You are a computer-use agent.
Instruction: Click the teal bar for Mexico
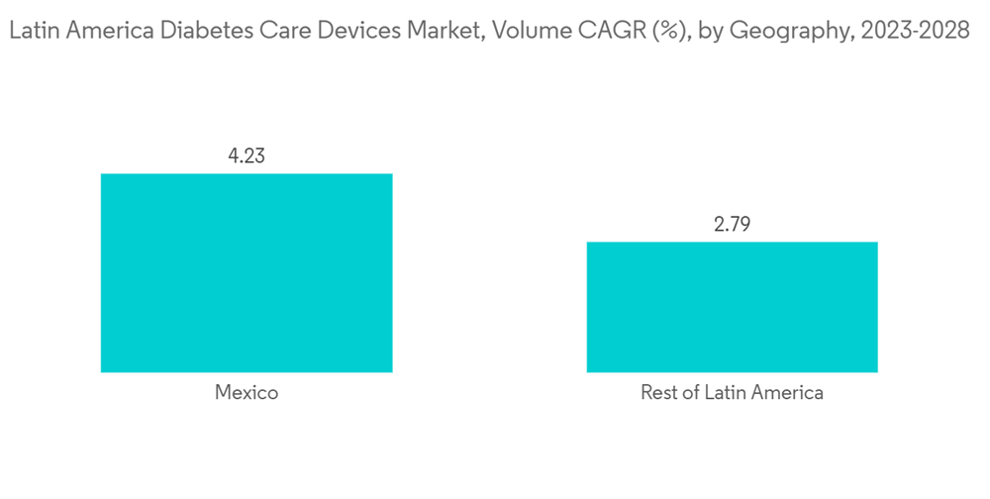coord(247,272)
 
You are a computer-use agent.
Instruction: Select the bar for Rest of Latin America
coord(732,307)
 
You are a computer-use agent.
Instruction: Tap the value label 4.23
coord(247,155)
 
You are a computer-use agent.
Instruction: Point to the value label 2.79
coord(732,224)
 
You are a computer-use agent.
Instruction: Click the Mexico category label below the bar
coord(247,393)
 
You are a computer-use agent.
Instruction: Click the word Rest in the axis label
coord(659,393)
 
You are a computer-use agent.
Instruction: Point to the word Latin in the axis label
coord(723,393)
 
